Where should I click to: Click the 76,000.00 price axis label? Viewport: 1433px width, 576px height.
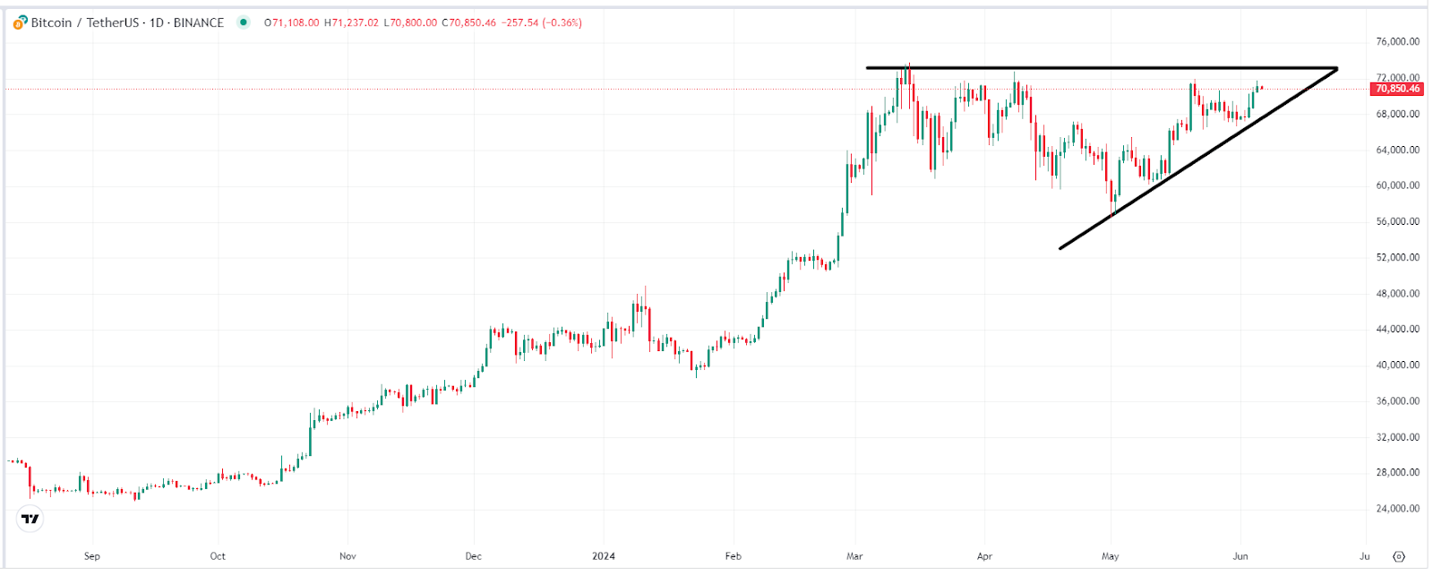(x=1397, y=42)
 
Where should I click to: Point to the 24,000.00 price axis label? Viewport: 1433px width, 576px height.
(x=1397, y=509)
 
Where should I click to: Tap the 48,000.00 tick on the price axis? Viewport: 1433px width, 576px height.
(x=1397, y=294)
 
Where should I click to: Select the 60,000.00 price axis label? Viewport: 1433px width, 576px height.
(x=1397, y=185)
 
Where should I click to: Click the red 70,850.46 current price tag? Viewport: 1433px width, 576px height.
(x=1396, y=89)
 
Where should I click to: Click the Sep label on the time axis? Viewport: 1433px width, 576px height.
(x=91, y=556)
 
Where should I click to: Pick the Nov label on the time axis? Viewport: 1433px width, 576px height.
(x=348, y=556)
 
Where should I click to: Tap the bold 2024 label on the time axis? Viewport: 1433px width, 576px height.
(x=604, y=556)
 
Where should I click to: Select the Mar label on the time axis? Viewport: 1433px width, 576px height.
(x=854, y=556)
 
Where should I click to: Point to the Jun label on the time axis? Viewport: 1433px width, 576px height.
(x=1240, y=556)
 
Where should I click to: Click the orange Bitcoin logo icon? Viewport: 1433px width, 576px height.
(x=20, y=23)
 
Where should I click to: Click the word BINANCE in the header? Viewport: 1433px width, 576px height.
(x=199, y=23)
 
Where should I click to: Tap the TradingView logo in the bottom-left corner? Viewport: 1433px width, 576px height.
(x=30, y=519)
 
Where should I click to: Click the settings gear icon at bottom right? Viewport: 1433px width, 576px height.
(x=1399, y=556)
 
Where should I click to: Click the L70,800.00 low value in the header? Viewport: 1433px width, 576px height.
(x=410, y=23)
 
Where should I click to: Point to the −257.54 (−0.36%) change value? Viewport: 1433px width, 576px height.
(x=540, y=23)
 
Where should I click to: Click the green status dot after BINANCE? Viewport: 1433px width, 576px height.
(x=243, y=23)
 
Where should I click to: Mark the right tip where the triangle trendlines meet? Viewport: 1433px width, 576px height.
(x=1336, y=69)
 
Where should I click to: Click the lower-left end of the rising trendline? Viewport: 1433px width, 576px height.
(x=1060, y=248)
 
